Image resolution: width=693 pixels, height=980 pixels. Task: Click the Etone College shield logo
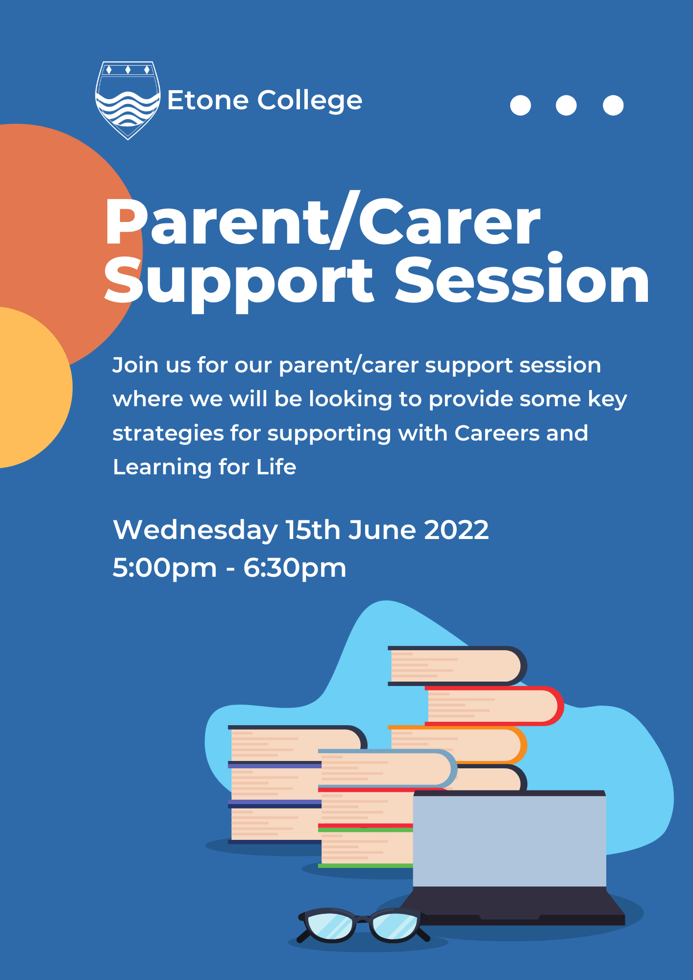127,100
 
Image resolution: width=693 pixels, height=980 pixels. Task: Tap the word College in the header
310,101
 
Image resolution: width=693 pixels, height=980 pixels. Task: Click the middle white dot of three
566,105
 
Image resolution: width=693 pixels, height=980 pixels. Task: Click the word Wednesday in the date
195,530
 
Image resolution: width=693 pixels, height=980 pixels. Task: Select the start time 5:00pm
165,568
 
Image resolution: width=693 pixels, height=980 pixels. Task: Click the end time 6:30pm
295,568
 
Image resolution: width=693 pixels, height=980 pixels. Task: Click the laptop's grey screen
509,840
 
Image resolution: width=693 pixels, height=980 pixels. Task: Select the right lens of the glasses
395,925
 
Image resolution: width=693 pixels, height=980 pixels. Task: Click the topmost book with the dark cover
456,665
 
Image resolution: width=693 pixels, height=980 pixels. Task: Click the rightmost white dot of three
613,105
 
